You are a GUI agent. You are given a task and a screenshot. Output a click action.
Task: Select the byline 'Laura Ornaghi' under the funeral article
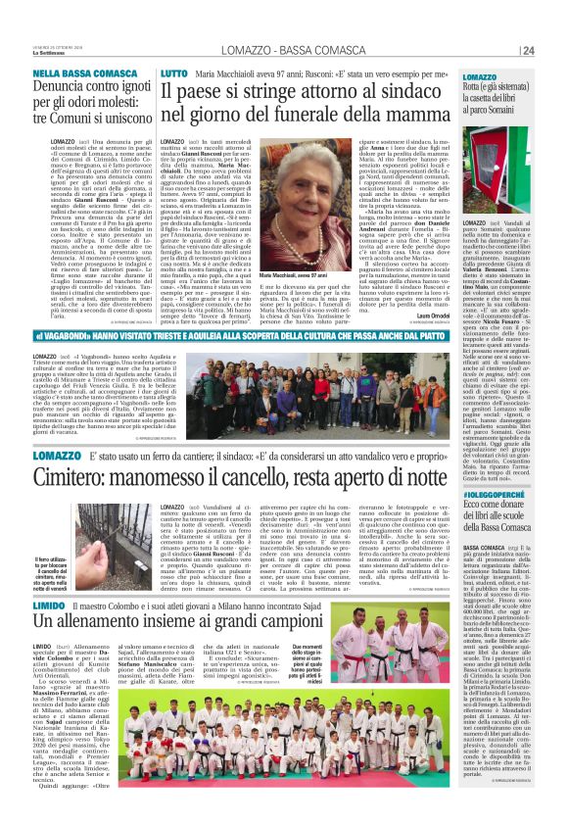407,316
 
